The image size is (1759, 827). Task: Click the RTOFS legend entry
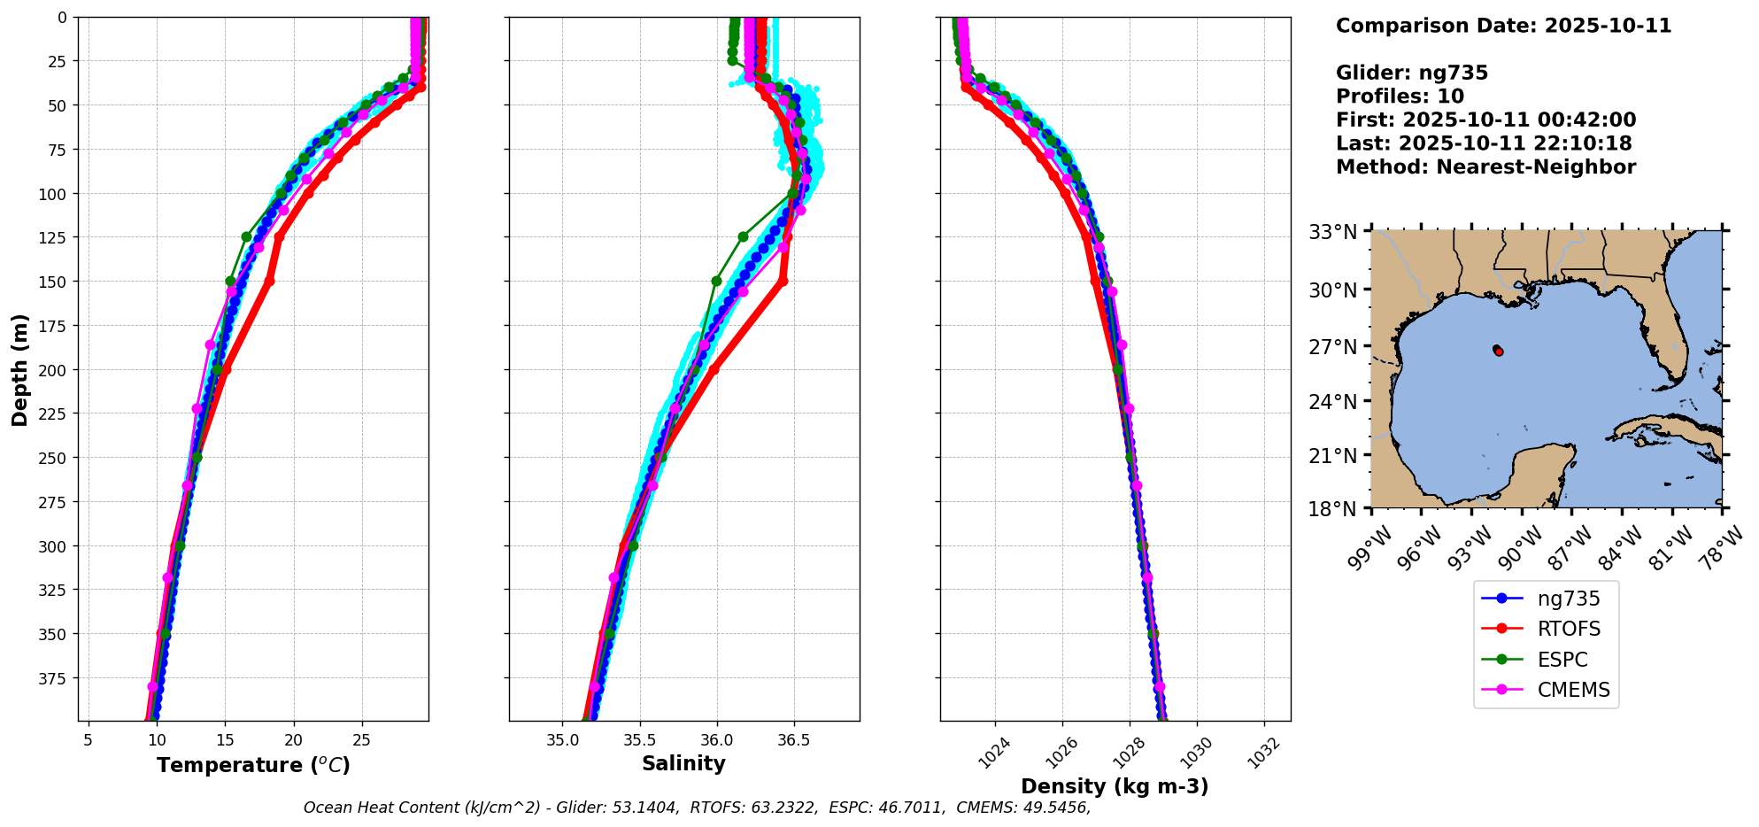pyautogui.click(x=1568, y=629)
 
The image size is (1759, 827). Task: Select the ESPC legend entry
pyautogui.click(x=1562, y=660)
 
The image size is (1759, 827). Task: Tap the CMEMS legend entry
pyautogui.click(x=1573, y=690)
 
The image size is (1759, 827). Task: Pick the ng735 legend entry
pyautogui.click(x=1568, y=599)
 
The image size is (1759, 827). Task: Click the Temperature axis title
pyautogui.click(x=253, y=765)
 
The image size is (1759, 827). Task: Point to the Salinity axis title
pyautogui.click(x=683, y=763)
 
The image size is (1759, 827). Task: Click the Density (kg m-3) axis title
pyautogui.click(x=1115, y=786)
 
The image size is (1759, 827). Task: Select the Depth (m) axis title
pyautogui.click(x=19, y=369)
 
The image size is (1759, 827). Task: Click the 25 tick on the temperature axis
pyautogui.click(x=361, y=738)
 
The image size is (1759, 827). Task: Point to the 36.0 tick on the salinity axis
pyautogui.click(x=716, y=738)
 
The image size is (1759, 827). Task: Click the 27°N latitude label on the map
pyautogui.click(x=1332, y=346)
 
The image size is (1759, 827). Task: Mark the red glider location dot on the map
pyautogui.click(x=1498, y=352)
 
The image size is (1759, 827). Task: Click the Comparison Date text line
pyautogui.click(x=1503, y=26)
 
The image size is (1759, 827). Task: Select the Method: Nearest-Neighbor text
pyautogui.click(x=1485, y=166)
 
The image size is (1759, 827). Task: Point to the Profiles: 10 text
pyautogui.click(x=1400, y=96)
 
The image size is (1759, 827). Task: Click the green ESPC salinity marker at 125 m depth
pyautogui.click(x=743, y=236)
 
